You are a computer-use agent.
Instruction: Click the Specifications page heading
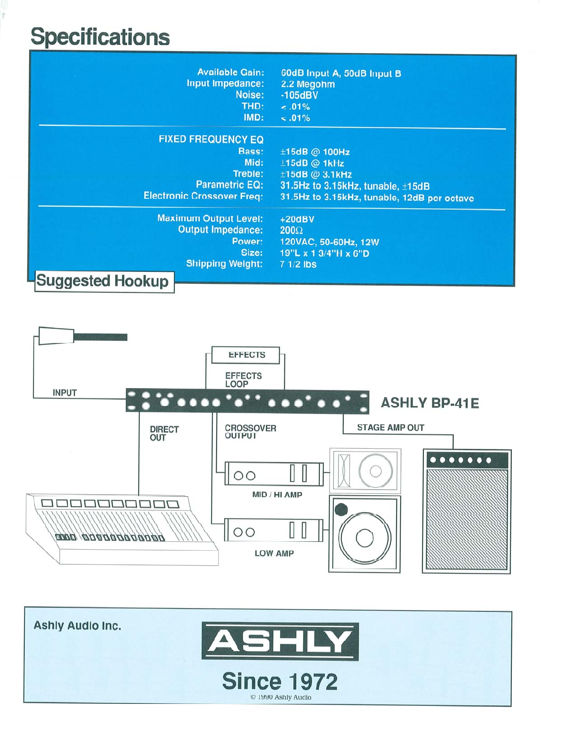(x=100, y=37)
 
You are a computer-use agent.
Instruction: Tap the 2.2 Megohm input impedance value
(x=307, y=85)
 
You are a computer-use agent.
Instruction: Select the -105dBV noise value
(x=299, y=95)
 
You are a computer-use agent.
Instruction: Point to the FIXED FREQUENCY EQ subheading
(x=211, y=140)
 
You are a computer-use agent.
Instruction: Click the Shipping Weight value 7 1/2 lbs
(x=298, y=265)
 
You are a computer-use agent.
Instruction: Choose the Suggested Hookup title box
(x=102, y=281)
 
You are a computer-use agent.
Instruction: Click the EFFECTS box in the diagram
(x=246, y=355)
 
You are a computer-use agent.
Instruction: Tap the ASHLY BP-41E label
(x=430, y=403)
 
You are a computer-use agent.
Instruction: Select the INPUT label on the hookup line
(x=64, y=393)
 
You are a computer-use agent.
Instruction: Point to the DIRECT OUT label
(x=164, y=433)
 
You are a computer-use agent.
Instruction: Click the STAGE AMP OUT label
(x=390, y=428)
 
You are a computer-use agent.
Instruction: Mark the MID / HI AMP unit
(x=274, y=474)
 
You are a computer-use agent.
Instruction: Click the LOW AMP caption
(x=274, y=554)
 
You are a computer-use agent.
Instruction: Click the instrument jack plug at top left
(x=56, y=335)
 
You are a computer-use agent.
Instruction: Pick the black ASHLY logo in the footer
(x=280, y=641)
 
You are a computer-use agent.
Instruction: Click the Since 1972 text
(x=280, y=681)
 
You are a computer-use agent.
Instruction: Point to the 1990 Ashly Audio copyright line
(x=281, y=697)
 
